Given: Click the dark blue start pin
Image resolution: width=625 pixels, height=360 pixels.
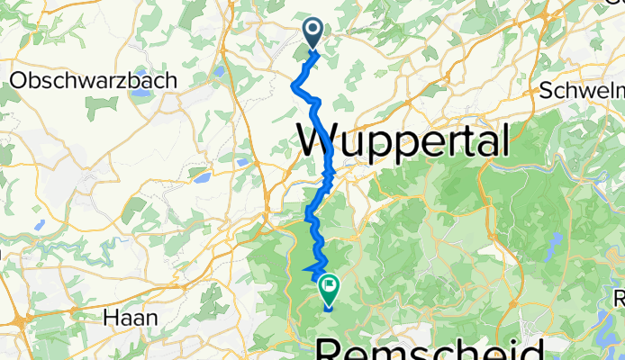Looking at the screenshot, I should [313, 32].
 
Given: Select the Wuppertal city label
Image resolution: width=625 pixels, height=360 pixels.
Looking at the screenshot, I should [403, 142].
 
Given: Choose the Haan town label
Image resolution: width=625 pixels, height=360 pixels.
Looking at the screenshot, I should [131, 317].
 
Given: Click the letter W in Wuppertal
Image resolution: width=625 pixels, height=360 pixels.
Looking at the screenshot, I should [317, 142].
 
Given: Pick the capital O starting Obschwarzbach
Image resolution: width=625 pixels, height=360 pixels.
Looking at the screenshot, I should [17, 80].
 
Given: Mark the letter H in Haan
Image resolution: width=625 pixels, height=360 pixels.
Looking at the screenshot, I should [112, 317].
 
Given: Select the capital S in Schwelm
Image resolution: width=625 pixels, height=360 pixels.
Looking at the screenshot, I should [547, 92].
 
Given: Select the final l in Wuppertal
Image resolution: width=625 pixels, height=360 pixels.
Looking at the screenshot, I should [503, 140].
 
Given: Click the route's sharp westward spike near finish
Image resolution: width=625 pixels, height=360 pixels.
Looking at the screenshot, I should [304, 269].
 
